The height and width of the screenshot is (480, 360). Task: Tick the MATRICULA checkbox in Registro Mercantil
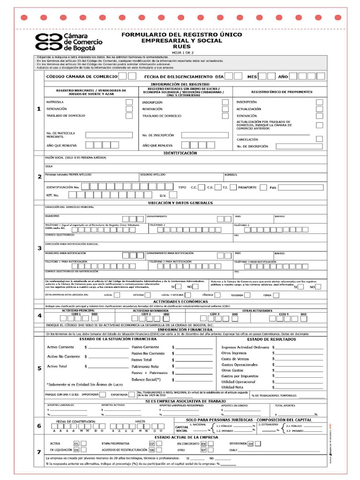(x=129, y=102)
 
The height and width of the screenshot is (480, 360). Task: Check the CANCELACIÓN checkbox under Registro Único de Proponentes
(x=319, y=139)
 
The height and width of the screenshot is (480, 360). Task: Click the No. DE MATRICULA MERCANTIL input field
(x=109, y=135)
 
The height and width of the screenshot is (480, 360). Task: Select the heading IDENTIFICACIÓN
(x=180, y=153)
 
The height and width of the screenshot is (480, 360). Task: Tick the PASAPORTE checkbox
(x=263, y=187)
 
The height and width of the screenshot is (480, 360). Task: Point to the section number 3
(x=39, y=248)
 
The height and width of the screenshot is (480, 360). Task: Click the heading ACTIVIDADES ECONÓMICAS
(x=180, y=301)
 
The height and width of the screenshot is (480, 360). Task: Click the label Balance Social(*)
(x=146, y=379)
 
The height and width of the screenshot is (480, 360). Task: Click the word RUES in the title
(x=182, y=47)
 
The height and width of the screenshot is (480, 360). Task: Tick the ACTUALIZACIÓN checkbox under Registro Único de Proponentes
(x=319, y=109)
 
